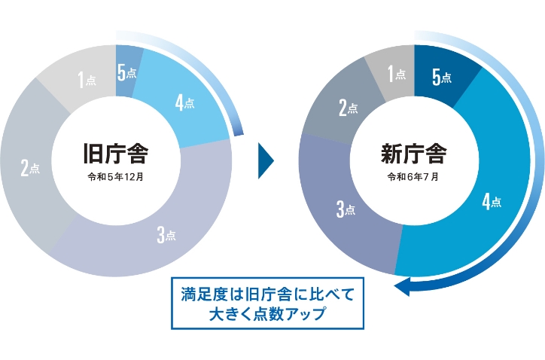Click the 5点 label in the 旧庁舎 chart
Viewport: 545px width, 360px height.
click(x=126, y=73)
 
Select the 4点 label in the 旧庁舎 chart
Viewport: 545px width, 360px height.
click(x=184, y=103)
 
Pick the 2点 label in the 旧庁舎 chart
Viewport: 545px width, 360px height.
click(x=30, y=168)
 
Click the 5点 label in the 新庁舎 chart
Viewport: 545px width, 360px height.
click(x=442, y=77)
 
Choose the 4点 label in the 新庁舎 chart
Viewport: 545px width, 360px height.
click(x=490, y=201)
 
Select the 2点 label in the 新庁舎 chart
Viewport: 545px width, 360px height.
click(x=348, y=108)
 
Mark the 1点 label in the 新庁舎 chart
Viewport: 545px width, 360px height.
click(x=397, y=74)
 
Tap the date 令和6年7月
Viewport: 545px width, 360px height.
click(x=413, y=178)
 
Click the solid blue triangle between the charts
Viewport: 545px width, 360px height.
click(x=265, y=159)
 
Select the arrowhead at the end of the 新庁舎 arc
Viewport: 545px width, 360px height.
click(x=403, y=286)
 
